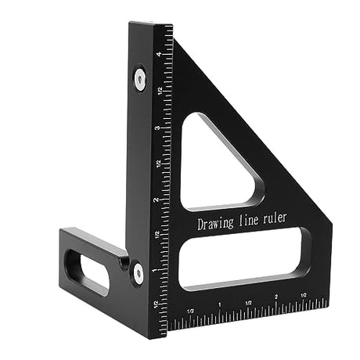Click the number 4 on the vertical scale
point(160,55)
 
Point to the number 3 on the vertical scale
point(160,128)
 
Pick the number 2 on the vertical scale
point(160,199)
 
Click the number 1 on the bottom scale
point(220,304)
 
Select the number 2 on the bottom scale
point(276,298)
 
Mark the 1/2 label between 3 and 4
point(160,92)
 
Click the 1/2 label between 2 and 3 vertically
point(160,163)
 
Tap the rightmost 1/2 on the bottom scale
point(303,297)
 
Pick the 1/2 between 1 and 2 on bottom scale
point(248,302)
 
